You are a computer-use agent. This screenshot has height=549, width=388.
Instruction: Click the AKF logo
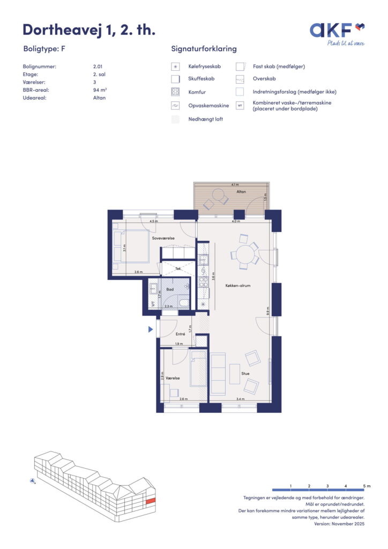click(x=337, y=34)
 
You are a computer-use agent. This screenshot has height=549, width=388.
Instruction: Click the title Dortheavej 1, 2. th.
click(x=89, y=30)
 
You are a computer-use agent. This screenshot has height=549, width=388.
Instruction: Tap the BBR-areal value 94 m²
click(x=100, y=90)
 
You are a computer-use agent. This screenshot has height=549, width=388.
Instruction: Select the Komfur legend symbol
click(x=175, y=92)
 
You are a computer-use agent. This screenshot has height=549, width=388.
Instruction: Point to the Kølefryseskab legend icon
click(x=175, y=66)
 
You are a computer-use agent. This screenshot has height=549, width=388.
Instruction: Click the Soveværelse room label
click(x=163, y=238)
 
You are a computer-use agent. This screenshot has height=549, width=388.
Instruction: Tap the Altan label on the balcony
click(x=241, y=191)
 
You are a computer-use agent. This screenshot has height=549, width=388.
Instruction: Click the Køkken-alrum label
click(x=238, y=286)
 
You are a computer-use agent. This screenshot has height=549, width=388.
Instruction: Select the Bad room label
click(x=170, y=290)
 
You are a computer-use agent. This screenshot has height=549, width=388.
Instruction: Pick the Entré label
click(x=180, y=334)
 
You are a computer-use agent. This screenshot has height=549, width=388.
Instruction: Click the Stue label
click(x=245, y=374)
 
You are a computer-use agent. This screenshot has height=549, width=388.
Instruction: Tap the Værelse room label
click(x=173, y=378)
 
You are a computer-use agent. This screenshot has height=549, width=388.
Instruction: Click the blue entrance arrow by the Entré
click(x=151, y=330)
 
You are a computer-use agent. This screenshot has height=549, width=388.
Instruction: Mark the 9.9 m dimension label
click(x=267, y=311)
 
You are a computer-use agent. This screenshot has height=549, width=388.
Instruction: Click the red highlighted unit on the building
click(x=150, y=501)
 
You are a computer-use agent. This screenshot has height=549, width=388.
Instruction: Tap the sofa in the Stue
click(x=218, y=374)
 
